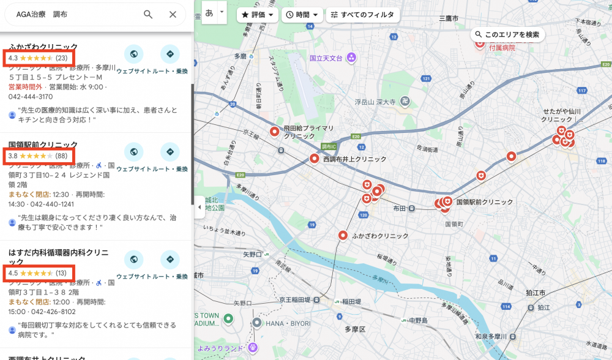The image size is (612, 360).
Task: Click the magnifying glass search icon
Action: tap(148, 15)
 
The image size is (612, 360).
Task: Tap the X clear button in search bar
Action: tap(173, 15)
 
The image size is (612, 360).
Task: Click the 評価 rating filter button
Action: tap(258, 15)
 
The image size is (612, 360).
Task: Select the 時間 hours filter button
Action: tap(302, 15)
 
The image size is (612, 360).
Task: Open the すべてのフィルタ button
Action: tap(362, 15)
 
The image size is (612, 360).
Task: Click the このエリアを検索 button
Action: tap(507, 35)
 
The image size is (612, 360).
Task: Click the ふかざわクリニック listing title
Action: tap(43, 47)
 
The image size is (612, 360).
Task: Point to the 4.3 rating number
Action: tap(13, 58)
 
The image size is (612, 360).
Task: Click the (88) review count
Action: tap(61, 156)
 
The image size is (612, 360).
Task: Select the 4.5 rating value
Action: tap(13, 273)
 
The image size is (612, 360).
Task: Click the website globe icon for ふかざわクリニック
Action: tap(133, 54)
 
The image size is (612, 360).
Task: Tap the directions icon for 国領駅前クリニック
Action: tap(170, 152)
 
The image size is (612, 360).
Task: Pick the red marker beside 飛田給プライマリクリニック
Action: tap(275, 131)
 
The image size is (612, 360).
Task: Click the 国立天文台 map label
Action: tap(325, 58)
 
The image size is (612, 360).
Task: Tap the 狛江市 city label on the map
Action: tap(535, 293)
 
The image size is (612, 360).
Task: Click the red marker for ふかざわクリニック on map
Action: tap(343, 235)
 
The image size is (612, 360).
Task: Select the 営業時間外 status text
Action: tap(25, 88)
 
